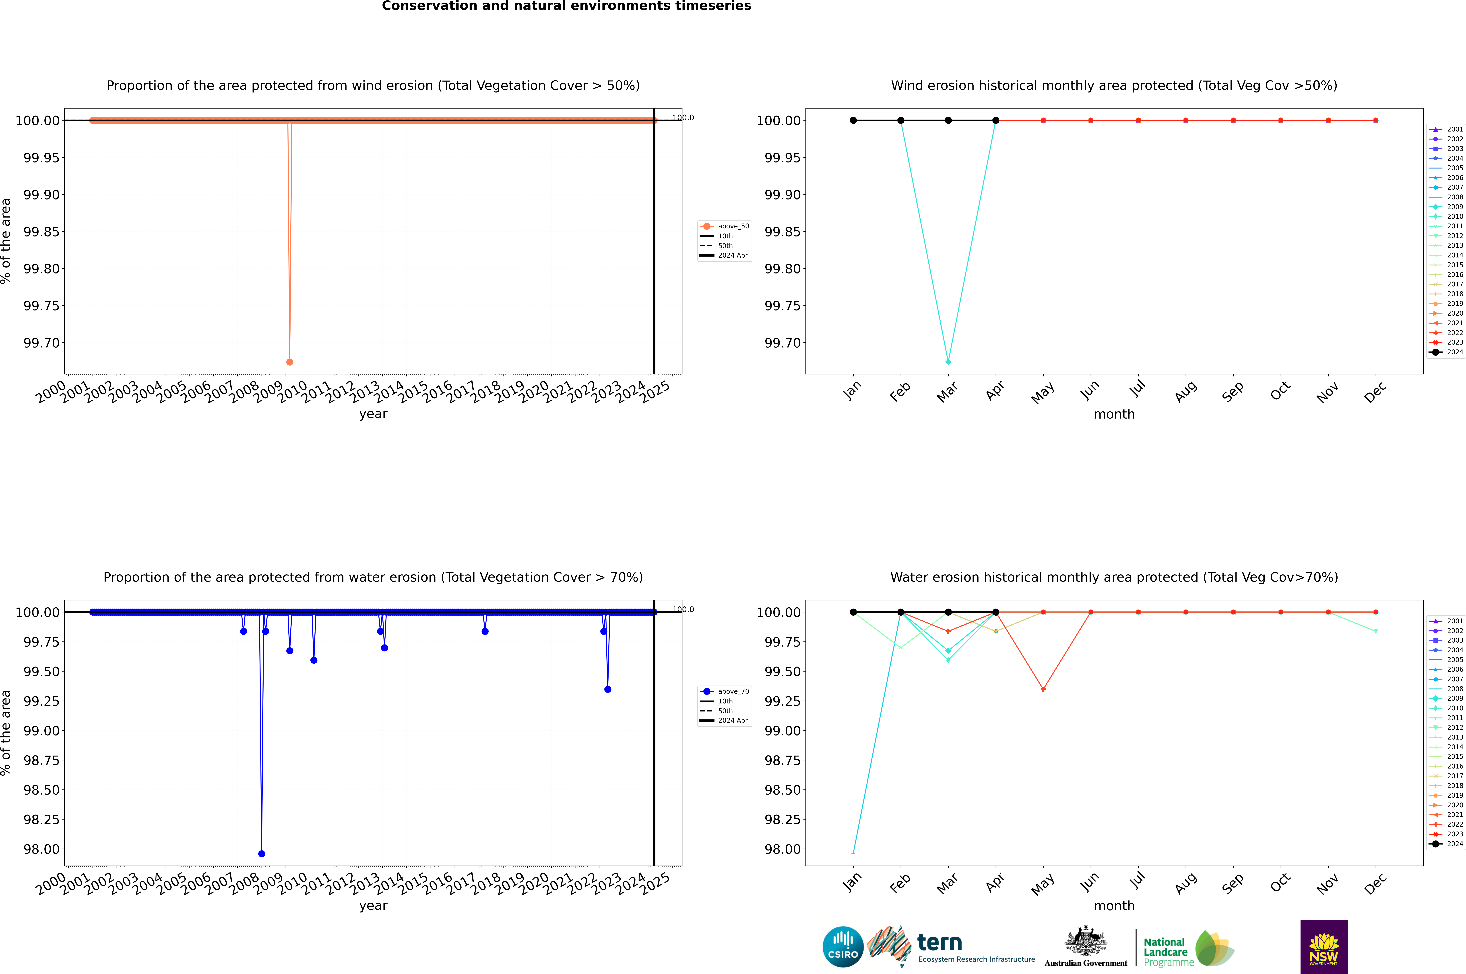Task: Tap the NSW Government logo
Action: point(1324,947)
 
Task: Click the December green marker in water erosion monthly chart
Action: point(1375,631)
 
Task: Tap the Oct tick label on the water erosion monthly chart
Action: point(1280,883)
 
